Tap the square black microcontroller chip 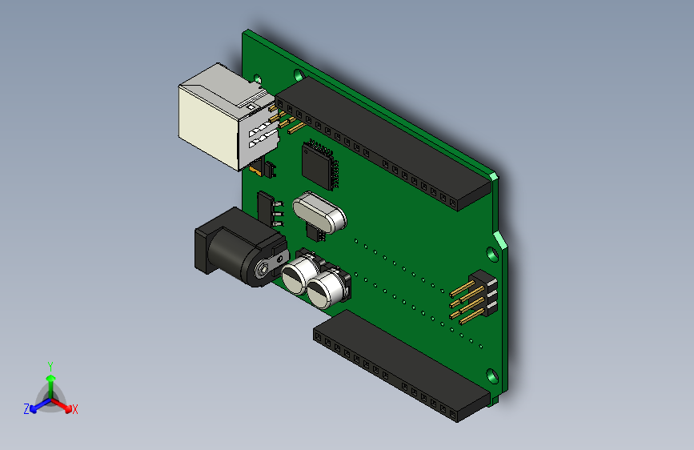[319, 163]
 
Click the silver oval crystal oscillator [319, 211]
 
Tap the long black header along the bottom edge [400, 364]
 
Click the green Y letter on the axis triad [50, 365]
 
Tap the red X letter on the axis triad [75, 410]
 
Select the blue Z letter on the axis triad [26, 409]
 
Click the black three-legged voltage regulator [266, 207]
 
